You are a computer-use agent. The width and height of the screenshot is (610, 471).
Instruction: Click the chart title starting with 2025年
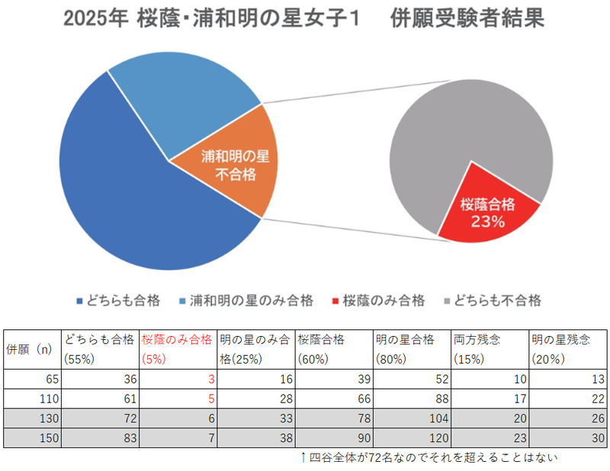(x=304, y=20)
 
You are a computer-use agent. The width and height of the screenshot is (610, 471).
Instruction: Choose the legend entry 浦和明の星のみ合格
(x=245, y=300)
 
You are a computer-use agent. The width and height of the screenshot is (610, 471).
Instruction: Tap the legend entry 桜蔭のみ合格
(x=377, y=300)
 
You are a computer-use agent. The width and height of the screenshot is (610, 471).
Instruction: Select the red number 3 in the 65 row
(x=209, y=379)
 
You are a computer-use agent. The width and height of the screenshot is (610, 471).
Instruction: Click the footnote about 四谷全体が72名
(x=431, y=458)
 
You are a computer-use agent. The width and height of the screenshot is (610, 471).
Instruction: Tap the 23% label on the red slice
(x=488, y=223)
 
